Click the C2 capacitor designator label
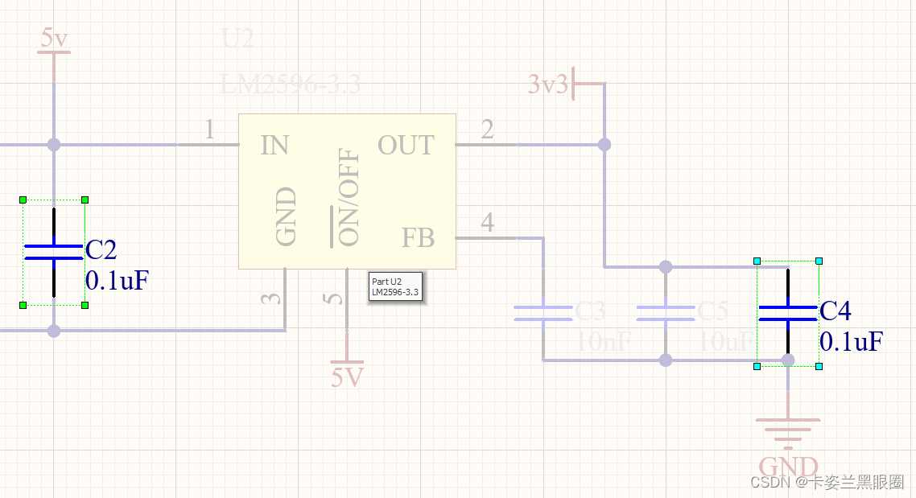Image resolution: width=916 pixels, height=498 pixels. coord(101,250)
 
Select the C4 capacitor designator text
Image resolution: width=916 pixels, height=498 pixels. coord(836,311)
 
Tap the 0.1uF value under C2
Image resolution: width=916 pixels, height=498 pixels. coord(117,280)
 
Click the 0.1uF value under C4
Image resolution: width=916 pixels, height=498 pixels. coord(852,341)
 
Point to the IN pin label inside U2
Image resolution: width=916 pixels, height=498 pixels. coord(274,146)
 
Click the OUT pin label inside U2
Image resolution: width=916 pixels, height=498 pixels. coord(406,146)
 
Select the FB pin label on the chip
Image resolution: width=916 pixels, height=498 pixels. coord(418,238)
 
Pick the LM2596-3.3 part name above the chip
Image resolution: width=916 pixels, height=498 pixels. coord(290,84)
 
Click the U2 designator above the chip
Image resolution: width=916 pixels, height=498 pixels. coord(237,38)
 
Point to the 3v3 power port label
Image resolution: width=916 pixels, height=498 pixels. coord(548,84)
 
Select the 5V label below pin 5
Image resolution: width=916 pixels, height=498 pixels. coord(347,377)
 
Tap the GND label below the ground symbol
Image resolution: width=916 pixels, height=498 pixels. coord(788,467)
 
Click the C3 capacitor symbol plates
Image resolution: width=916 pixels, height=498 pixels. coord(543,314)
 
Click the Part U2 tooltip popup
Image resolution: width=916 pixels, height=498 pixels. coord(395,286)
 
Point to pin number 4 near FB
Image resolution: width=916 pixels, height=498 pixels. coord(487,222)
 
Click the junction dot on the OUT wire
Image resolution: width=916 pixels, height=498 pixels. coord(604,145)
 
